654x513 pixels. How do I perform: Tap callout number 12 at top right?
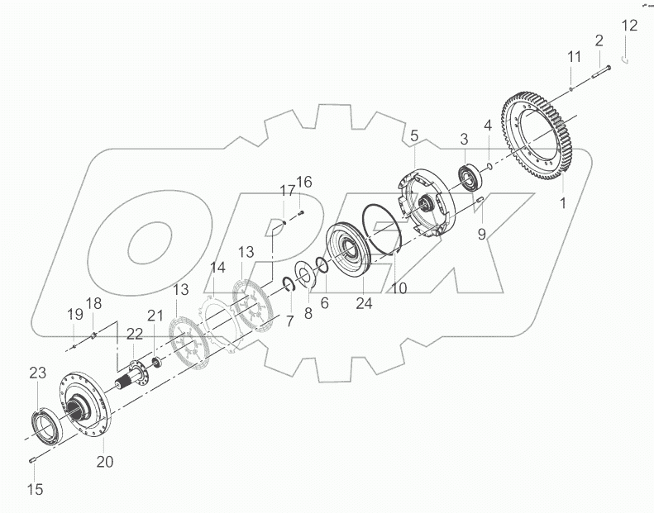point(630,26)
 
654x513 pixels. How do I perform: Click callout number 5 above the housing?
point(414,135)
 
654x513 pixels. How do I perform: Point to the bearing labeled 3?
point(472,175)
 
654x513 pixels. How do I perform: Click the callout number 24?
point(365,303)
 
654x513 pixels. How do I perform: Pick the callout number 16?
point(304,182)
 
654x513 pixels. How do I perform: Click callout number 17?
point(286,190)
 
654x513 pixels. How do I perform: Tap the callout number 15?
point(35,490)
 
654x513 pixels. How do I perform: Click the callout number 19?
point(75,314)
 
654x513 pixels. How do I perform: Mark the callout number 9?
point(482,234)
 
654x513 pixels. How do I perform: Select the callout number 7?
point(289,320)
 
